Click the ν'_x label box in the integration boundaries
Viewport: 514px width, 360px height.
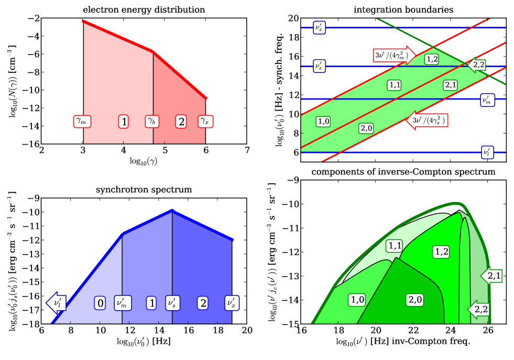319,27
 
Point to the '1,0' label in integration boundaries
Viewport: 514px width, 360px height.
323,121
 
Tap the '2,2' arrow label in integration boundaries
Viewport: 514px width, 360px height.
477,64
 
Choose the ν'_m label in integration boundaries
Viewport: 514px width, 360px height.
488,100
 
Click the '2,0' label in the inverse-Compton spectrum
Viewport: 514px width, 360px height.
414,299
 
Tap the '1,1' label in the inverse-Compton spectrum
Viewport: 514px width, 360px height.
395,245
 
